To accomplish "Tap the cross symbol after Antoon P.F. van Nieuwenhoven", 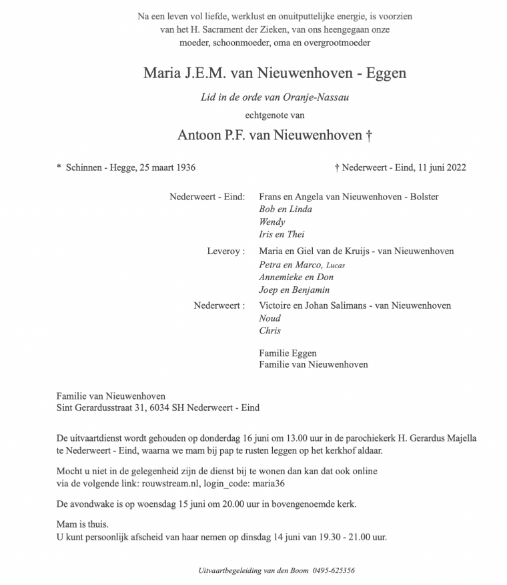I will (x=368, y=135).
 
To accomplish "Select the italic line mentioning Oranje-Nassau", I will (x=275, y=97).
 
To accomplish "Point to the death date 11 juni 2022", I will (x=441, y=167).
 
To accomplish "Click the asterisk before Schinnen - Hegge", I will (x=59, y=167).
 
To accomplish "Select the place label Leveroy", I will (x=223, y=251).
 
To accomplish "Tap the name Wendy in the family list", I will (x=272, y=222).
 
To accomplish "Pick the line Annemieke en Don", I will (x=296, y=277).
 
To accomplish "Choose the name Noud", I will (x=270, y=318).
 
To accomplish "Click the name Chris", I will (x=270, y=331).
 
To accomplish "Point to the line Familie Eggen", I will (x=288, y=353).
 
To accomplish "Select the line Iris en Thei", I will (x=282, y=235).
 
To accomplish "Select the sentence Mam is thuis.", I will (x=83, y=524).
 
